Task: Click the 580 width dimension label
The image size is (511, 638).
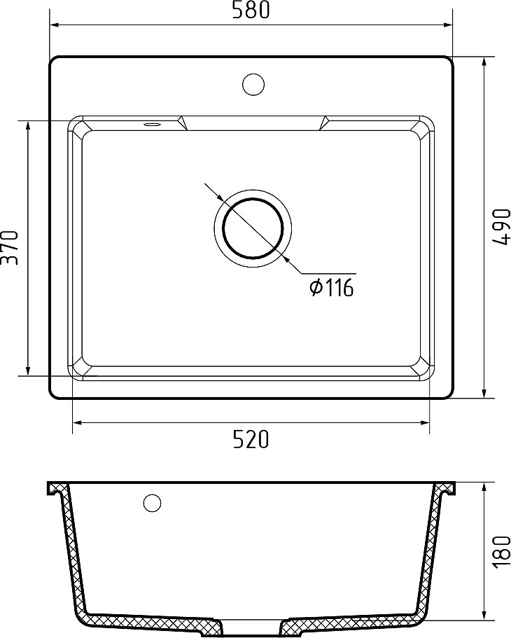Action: click(251, 11)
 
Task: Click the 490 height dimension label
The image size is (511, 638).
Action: click(500, 227)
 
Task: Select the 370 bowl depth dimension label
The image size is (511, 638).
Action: click(10, 247)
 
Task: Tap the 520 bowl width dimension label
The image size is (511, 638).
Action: click(251, 439)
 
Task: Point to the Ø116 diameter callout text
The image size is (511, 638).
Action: click(332, 288)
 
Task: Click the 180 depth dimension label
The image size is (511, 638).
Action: click(501, 551)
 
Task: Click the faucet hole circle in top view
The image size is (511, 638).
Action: click(253, 85)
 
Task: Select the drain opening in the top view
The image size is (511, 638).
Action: click(253, 228)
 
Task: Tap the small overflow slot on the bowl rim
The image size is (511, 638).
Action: click(152, 124)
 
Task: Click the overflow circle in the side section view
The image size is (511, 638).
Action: click(152, 503)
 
